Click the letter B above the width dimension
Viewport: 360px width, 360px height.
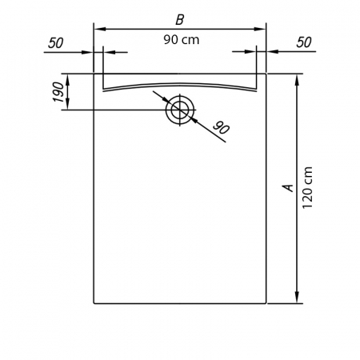[x=180, y=19]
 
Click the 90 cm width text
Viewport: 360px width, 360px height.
[x=182, y=40]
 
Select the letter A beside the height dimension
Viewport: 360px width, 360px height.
[x=288, y=188]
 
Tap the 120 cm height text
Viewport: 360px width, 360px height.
[x=307, y=187]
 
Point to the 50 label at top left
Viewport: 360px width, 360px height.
[x=56, y=43]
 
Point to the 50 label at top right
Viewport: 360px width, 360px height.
[x=304, y=42]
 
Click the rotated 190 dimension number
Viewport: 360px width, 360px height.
[x=58, y=92]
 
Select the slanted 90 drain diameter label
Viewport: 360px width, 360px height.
[x=221, y=128]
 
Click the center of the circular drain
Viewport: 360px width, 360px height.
[x=180, y=110]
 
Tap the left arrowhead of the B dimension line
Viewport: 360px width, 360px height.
[x=100, y=29]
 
